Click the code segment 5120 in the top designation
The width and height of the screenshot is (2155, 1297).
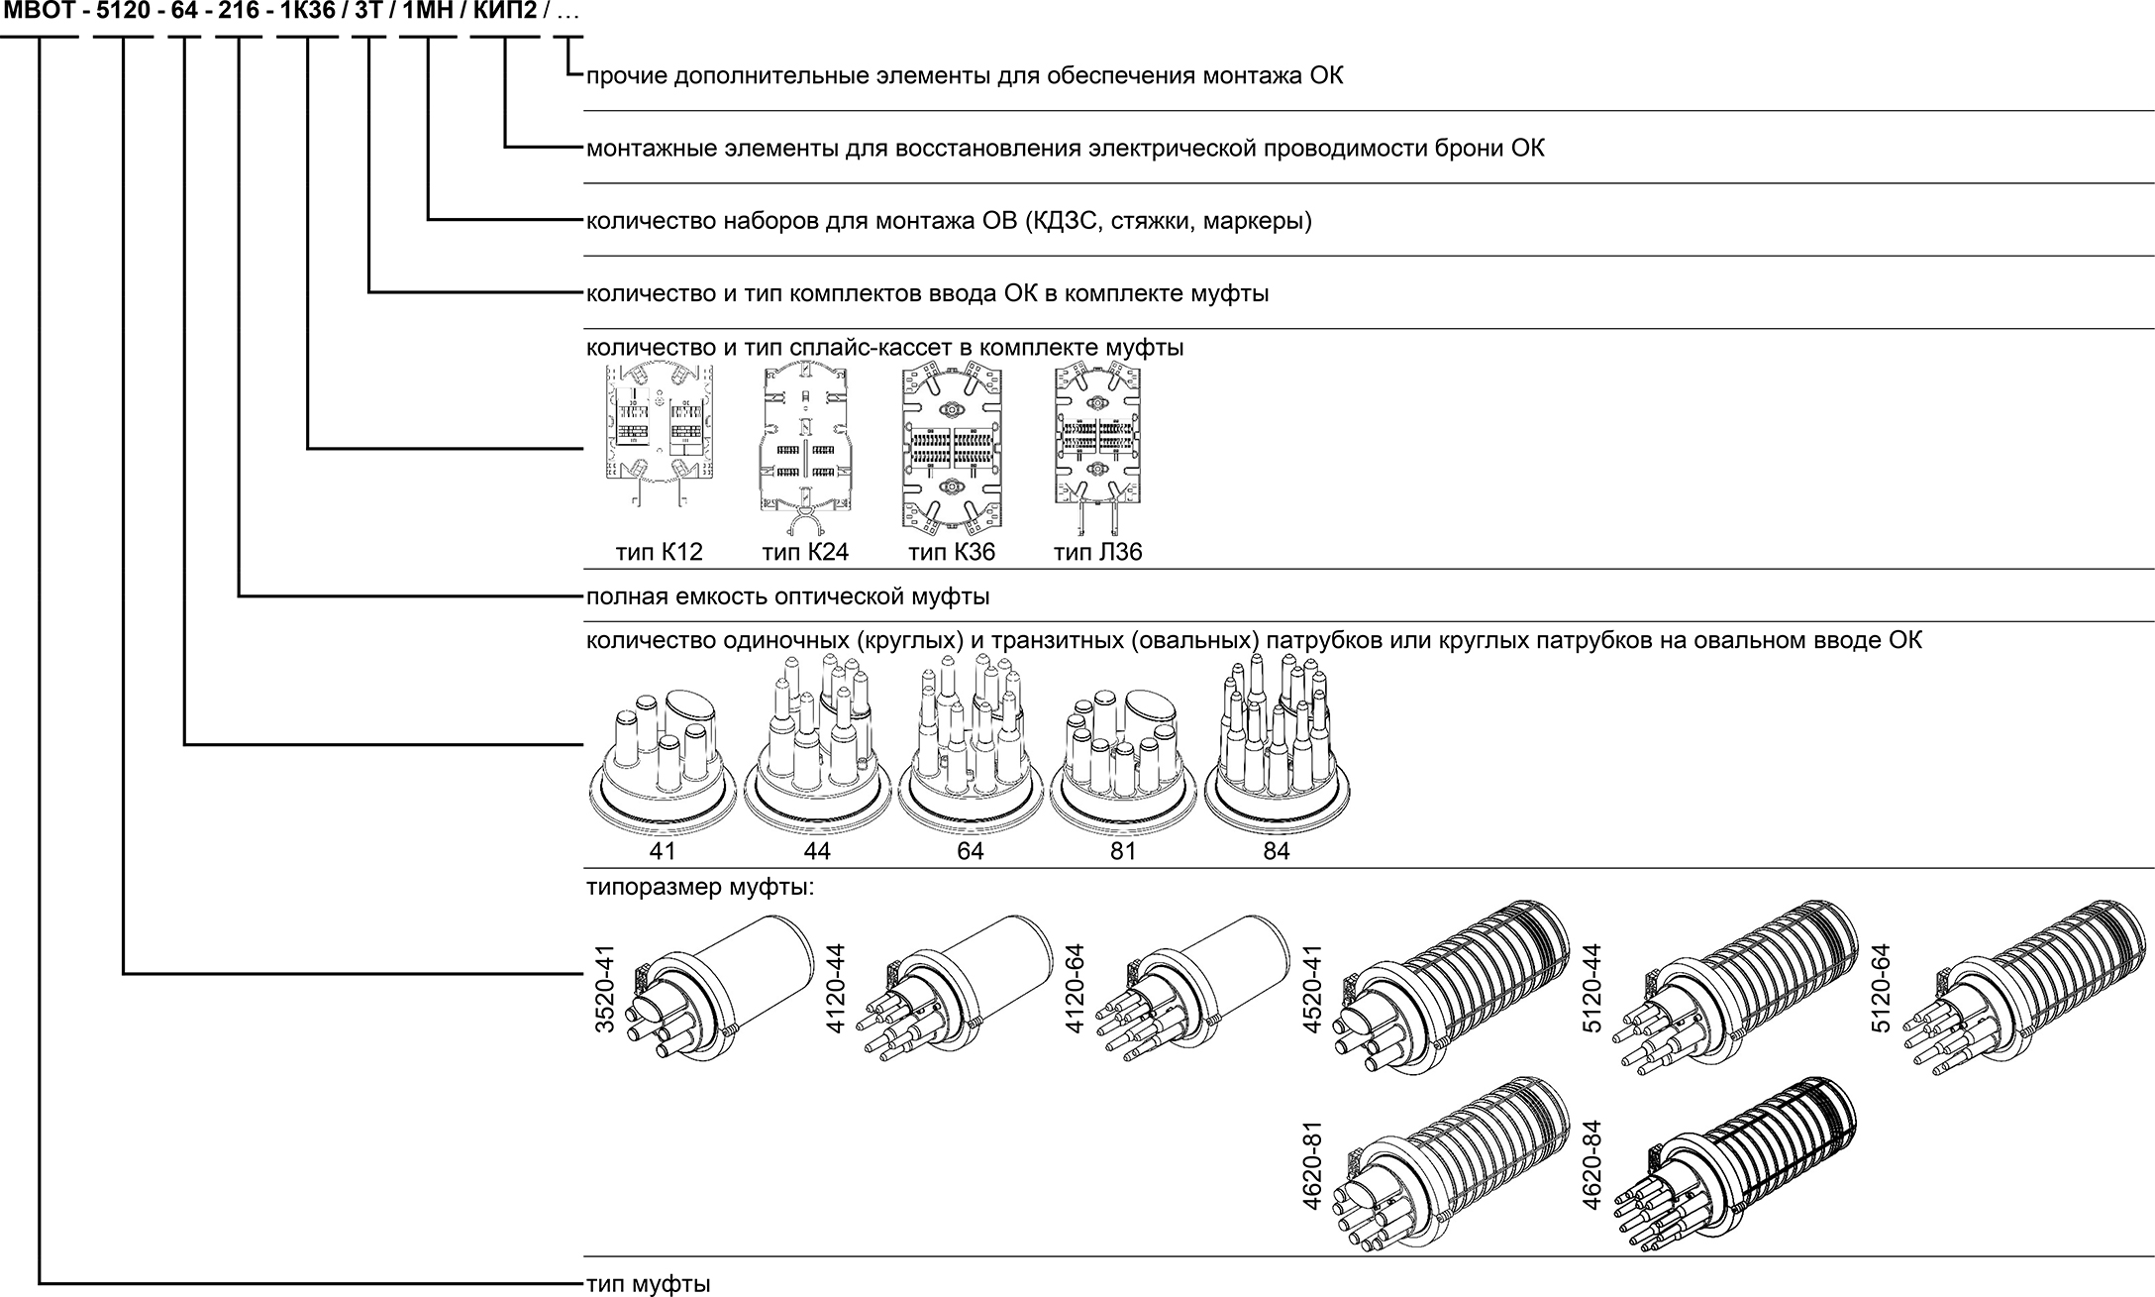click(x=122, y=14)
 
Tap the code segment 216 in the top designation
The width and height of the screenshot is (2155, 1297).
click(x=239, y=14)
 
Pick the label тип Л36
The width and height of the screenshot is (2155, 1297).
click(x=1097, y=553)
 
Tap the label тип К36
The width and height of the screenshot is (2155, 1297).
click(x=952, y=553)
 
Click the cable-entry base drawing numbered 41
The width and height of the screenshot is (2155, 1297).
click(x=662, y=763)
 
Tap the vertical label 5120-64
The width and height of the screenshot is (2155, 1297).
click(x=1882, y=989)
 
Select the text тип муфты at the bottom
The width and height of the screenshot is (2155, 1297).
click(x=648, y=1284)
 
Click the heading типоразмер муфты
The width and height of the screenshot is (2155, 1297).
click(x=699, y=887)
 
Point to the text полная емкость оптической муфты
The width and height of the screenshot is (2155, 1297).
click(x=787, y=597)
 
